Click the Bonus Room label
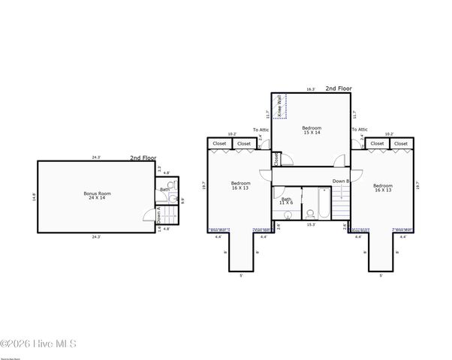pos(96,196)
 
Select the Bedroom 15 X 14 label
pos(312,130)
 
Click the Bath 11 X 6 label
pos(287,201)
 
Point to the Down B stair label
pos(340,181)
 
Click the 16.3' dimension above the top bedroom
pos(311,89)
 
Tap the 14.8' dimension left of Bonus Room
pos(34,197)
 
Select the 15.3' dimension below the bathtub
pos(311,224)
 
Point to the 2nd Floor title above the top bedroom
pos(339,88)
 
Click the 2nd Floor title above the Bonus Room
pos(143,158)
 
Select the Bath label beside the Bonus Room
pos(164,189)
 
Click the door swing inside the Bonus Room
pos(149,215)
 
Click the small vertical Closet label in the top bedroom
pos(276,159)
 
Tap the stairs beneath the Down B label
pos(342,202)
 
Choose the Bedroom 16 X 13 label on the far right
pos(382,187)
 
